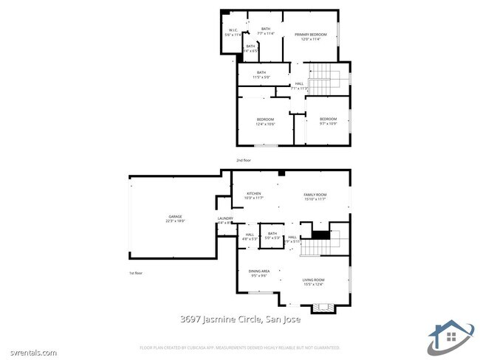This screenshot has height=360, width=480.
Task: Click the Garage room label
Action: (175, 219)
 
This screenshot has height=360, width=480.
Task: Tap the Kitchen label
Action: (253, 195)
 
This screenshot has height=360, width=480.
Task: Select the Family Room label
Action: (315, 195)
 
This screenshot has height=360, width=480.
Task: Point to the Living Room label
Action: (314, 281)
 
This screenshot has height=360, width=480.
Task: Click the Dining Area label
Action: (259, 273)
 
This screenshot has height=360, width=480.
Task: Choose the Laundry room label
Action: (225, 220)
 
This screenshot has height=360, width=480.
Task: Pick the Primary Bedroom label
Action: (311, 37)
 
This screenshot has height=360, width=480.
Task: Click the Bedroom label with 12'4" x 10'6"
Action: (265, 122)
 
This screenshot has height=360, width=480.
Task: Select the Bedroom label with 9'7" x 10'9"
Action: (328, 121)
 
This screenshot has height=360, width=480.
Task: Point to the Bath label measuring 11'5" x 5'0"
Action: (261, 75)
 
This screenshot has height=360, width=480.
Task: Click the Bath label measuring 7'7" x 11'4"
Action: (266, 31)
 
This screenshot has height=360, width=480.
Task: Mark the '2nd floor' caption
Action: (244, 160)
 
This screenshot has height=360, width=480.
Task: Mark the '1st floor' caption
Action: (135, 274)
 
